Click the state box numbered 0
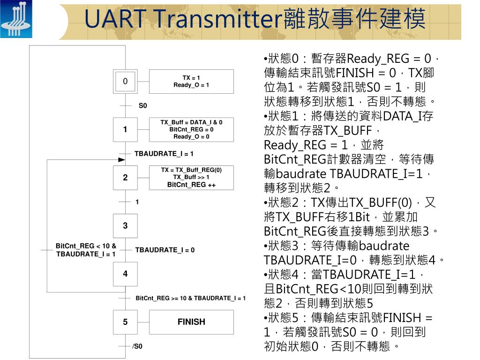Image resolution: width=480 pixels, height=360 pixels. click(125, 81)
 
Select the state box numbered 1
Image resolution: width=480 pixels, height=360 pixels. click(125, 129)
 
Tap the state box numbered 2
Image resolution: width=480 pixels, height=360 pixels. click(125, 178)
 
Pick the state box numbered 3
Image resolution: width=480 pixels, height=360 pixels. click(125, 226)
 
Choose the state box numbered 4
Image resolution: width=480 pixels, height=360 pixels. click(125, 274)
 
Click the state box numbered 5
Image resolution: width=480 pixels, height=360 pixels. click(125, 322)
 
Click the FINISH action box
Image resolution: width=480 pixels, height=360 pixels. click(191, 322)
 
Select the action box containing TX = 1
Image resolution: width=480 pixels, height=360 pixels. click(191, 81)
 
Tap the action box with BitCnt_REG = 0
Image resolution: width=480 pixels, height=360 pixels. click(191, 129)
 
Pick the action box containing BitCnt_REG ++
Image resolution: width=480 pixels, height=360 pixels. click(191, 178)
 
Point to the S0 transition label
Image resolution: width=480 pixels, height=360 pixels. click(142, 106)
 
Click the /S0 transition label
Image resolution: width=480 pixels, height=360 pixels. click(137, 347)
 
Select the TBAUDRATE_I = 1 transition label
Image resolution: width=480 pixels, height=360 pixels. click(164, 154)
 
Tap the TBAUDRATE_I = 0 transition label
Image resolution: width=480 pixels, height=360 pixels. click(165, 250)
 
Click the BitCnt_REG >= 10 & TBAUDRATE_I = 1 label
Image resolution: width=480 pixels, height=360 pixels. click(190, 298)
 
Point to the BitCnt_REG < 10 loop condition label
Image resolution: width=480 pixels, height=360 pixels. click(86, 250)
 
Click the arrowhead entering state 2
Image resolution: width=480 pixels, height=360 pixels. click(121, 160)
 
